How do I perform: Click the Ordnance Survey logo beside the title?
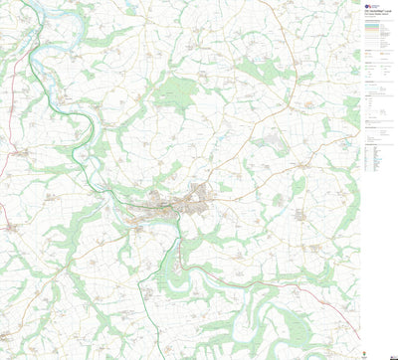click(x=369, y=4)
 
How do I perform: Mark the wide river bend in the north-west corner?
click(x=55, y=20)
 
